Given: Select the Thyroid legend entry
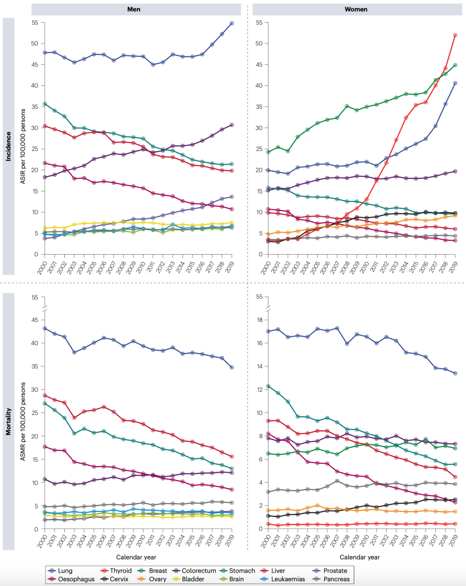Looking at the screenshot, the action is (x=116, y=570).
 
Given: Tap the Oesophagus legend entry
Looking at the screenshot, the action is (x=71, y=579).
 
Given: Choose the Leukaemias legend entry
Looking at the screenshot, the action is (x=283, y=579).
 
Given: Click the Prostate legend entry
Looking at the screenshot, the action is (x=330, y=570).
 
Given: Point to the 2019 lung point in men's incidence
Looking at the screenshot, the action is (x=232, y=23).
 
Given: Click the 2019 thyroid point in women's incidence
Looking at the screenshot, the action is (x=455, y=35).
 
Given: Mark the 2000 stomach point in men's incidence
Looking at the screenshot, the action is (x=45, y=104).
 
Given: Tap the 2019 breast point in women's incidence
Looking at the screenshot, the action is (x=455, y=65).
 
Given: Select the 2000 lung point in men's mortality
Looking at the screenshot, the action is (x=45, y=329).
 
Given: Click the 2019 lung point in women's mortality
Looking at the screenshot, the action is (x=455, y=373).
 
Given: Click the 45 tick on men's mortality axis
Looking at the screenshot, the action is (x=35, y=320).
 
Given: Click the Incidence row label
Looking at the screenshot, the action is (x=9, y=146).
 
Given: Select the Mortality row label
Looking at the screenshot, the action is (x=9, y=421).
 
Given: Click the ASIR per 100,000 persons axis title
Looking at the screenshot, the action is (x=23, y=146).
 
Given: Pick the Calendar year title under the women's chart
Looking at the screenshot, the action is (x=359, y=557).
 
